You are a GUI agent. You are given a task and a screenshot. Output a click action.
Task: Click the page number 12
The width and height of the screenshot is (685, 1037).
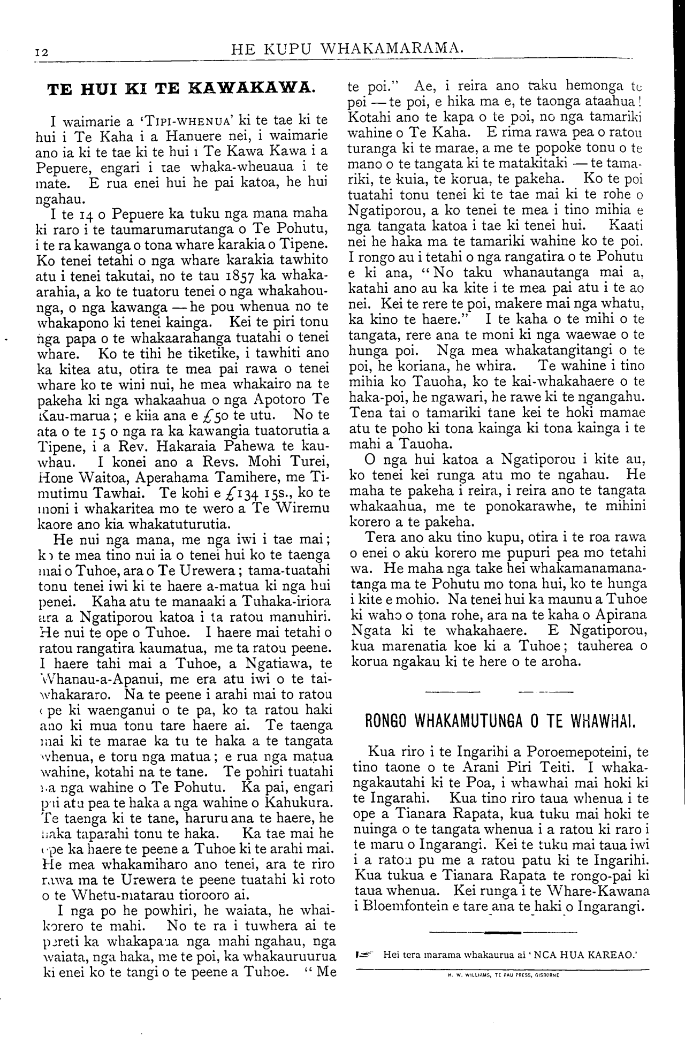41,52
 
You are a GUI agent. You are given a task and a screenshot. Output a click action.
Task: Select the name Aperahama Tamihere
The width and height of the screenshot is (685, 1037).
225,477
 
